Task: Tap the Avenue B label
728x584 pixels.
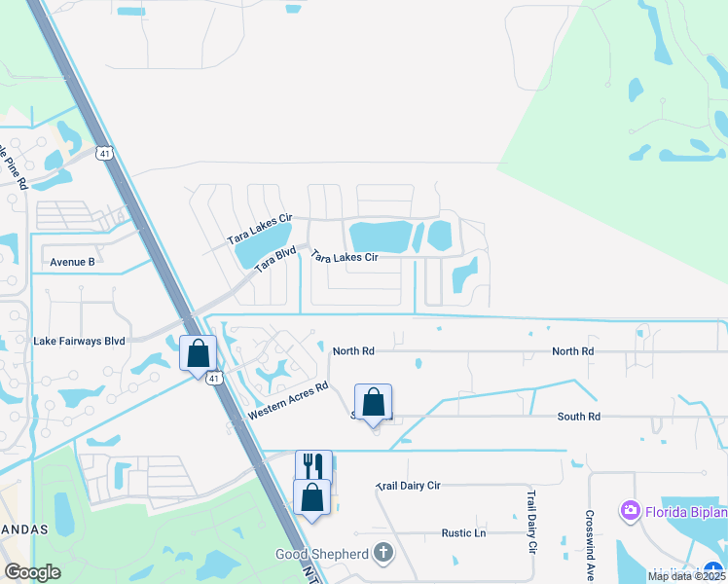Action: [73, 262]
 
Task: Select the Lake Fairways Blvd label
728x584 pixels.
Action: [80, 341]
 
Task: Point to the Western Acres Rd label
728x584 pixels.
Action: [287, 399]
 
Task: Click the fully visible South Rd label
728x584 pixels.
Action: [578, 417]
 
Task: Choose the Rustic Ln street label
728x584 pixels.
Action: [463, 532]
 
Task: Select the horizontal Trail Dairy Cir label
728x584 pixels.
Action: [408, 485]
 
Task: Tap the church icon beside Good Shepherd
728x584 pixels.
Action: [383, 554]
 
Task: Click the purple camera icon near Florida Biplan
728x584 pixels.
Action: [630, 510]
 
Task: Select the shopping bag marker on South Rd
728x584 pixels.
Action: [373, 403]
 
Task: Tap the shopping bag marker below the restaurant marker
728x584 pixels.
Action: [311, 497]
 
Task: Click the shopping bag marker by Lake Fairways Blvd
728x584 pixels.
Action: [199, 353]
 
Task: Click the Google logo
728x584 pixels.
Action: [33, 572]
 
